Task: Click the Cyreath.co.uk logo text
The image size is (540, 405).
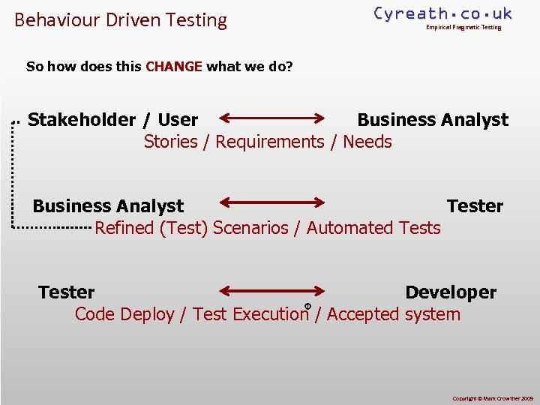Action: (x=442, y=13)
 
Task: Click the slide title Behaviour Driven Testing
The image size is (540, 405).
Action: (x=121, y=20)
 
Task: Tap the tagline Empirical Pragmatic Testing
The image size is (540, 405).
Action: (x=463, y=28)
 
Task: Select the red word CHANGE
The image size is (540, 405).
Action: (x=174, y=67)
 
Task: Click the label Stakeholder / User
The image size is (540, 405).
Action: (x=112, y=120)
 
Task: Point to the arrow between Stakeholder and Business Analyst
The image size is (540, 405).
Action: (x=271, y=118)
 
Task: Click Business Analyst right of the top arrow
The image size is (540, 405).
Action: (x=433, y=120)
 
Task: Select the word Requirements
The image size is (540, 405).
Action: (x=270, y=142)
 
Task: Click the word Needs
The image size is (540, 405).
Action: (x=367, y=142)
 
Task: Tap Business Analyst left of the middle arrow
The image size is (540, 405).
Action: (x=108, y=206)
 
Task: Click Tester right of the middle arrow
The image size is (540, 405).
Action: (x=475, y=206)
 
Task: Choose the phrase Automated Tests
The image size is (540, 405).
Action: (x=373, y=228)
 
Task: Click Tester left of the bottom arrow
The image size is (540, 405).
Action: (x=67, y=292)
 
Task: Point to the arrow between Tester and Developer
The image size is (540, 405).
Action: (x=271, y=291)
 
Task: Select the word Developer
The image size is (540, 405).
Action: (x=451, y=292)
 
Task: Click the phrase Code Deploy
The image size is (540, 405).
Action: (x=124, y=314)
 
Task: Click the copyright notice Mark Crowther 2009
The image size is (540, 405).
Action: (x=491, y=397)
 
